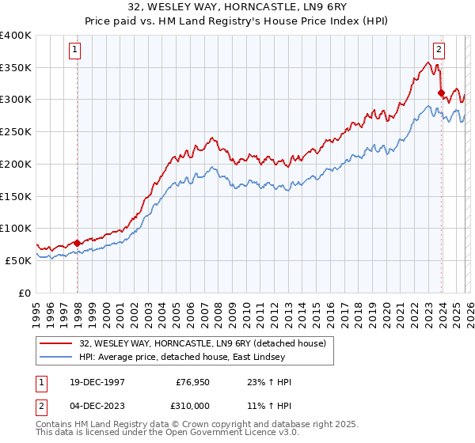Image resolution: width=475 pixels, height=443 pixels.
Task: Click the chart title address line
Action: [x=237, y=6]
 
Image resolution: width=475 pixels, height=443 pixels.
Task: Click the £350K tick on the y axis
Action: [x=16, y=68]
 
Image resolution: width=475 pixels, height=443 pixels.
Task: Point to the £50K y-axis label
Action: [x=18, y=260]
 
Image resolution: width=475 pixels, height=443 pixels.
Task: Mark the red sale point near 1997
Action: [x=77, y=243]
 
